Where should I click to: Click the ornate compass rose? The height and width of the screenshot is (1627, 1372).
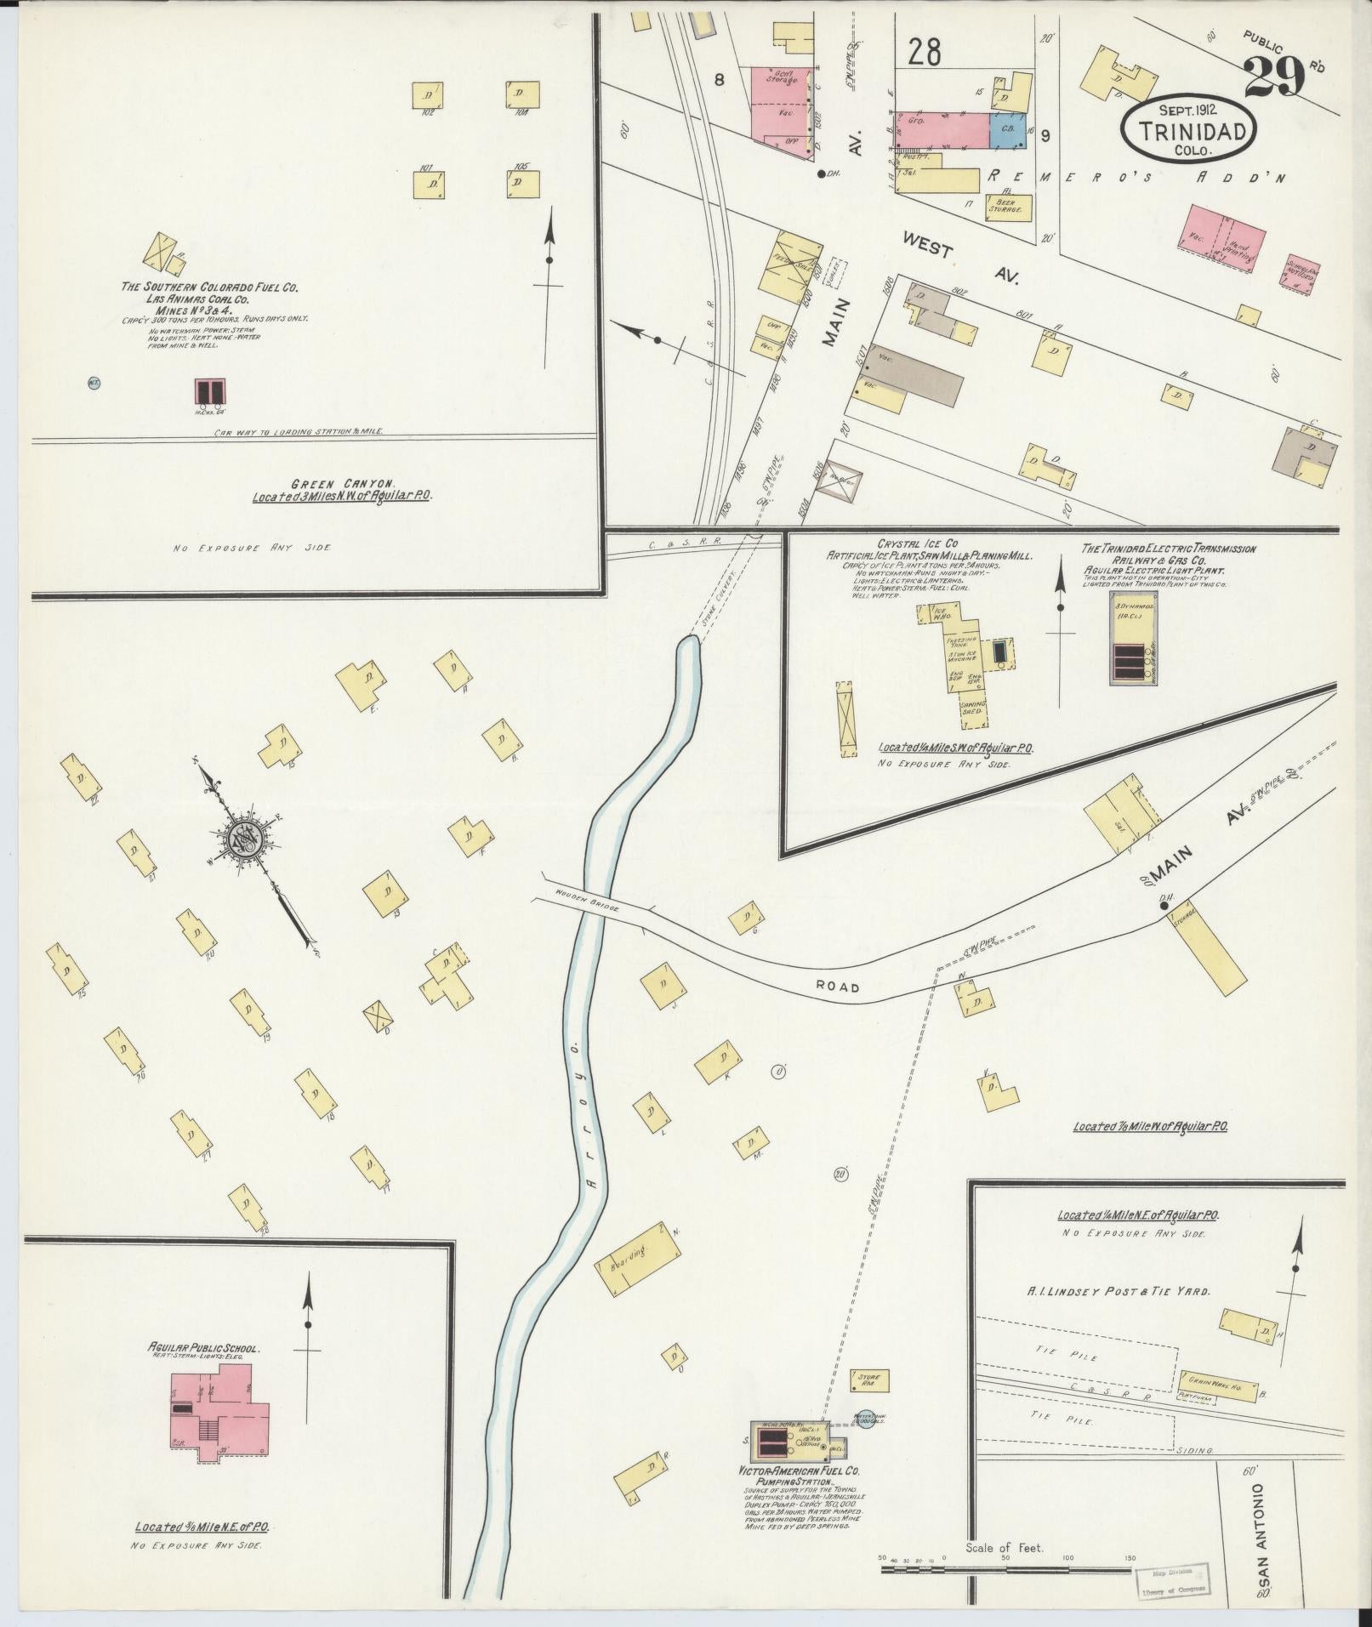coord(248,844)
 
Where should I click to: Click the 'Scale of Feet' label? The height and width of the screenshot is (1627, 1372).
coord(1004,1547)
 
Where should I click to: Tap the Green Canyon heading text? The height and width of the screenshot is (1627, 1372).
coord(341,481)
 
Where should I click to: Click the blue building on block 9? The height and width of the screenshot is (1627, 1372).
coord(1007,132)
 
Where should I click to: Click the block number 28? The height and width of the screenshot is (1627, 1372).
coord(924,53)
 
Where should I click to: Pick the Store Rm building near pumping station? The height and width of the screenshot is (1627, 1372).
coord(869,1380)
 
